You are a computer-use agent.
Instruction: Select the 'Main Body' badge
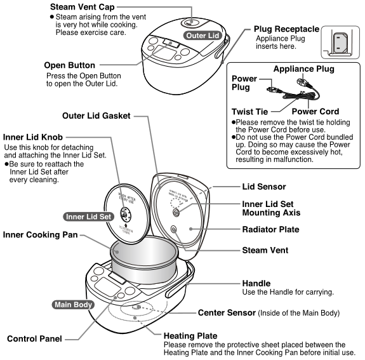73,303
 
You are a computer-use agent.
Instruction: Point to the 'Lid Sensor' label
265,188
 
